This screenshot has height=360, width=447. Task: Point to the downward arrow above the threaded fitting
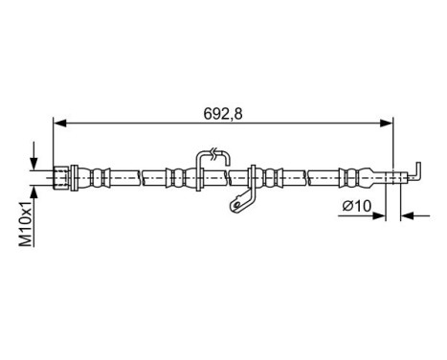point(35,158)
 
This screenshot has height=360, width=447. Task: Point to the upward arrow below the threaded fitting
point(35,190)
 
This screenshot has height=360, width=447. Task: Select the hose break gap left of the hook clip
point(140,176)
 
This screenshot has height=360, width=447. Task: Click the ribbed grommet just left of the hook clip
point(178,176)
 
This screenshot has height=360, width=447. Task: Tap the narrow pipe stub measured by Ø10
point(392,176)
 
